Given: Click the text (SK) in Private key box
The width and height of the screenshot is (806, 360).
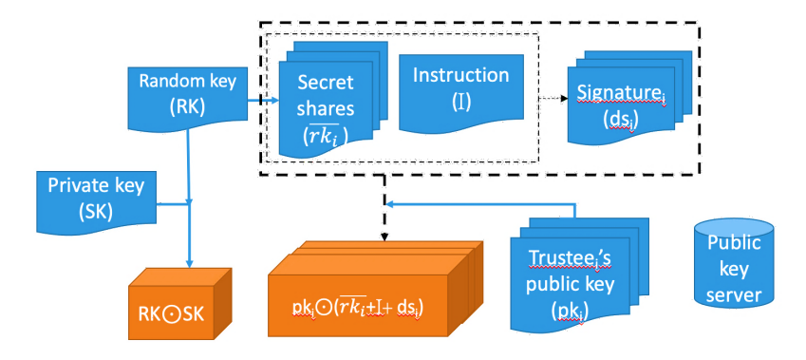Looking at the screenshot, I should click(91, 211).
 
